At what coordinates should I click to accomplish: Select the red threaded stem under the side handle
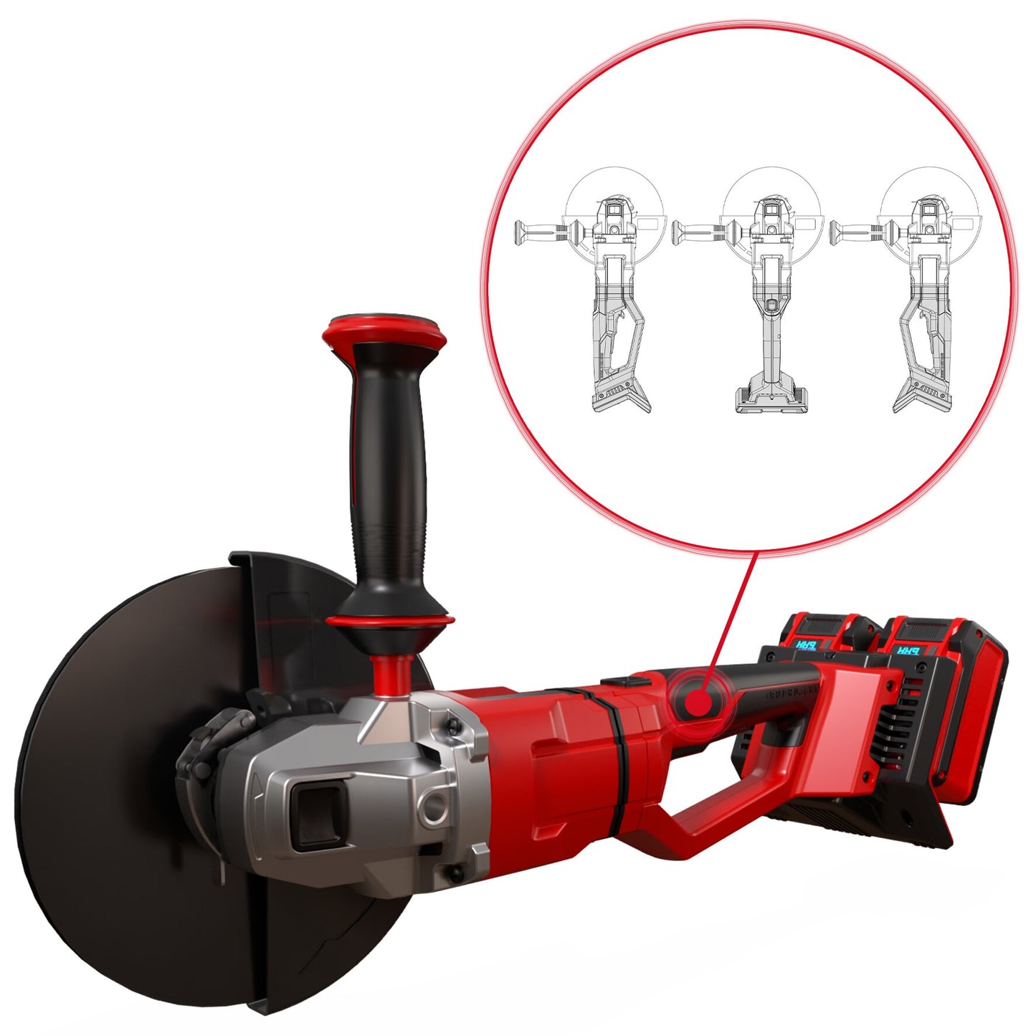point(391,674)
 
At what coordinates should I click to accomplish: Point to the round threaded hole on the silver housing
point(433,809)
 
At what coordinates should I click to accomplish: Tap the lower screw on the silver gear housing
point(454,873)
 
